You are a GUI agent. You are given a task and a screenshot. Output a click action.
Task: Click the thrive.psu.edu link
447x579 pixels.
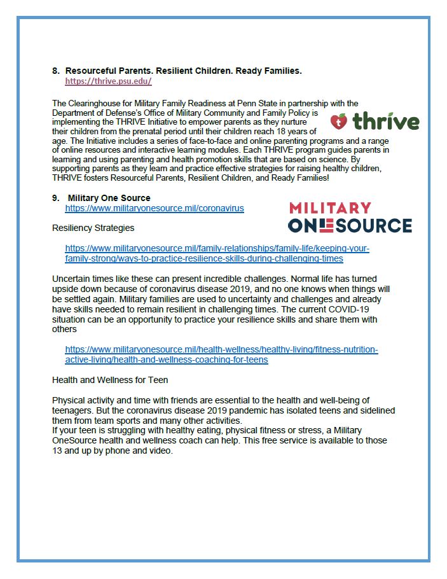[108, 81]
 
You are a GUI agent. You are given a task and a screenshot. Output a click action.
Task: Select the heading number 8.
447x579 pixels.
[55, 70]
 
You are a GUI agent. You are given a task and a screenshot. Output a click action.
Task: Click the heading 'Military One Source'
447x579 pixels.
[109, 198]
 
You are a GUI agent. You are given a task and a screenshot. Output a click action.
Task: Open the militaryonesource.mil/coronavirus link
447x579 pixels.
[155, 208]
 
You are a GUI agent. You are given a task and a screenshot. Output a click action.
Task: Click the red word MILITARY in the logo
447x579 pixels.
[330, 208]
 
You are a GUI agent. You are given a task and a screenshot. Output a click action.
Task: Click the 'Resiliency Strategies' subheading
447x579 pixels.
[93, 227]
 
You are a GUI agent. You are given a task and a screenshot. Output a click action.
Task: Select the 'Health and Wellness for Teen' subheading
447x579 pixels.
[110, 380]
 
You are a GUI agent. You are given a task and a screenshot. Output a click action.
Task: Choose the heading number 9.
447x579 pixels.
[55, 198]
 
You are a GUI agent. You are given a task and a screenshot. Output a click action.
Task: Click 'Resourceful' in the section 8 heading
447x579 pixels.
[96, 70]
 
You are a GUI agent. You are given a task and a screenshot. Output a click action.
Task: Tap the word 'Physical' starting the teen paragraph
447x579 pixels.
[70, 400]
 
